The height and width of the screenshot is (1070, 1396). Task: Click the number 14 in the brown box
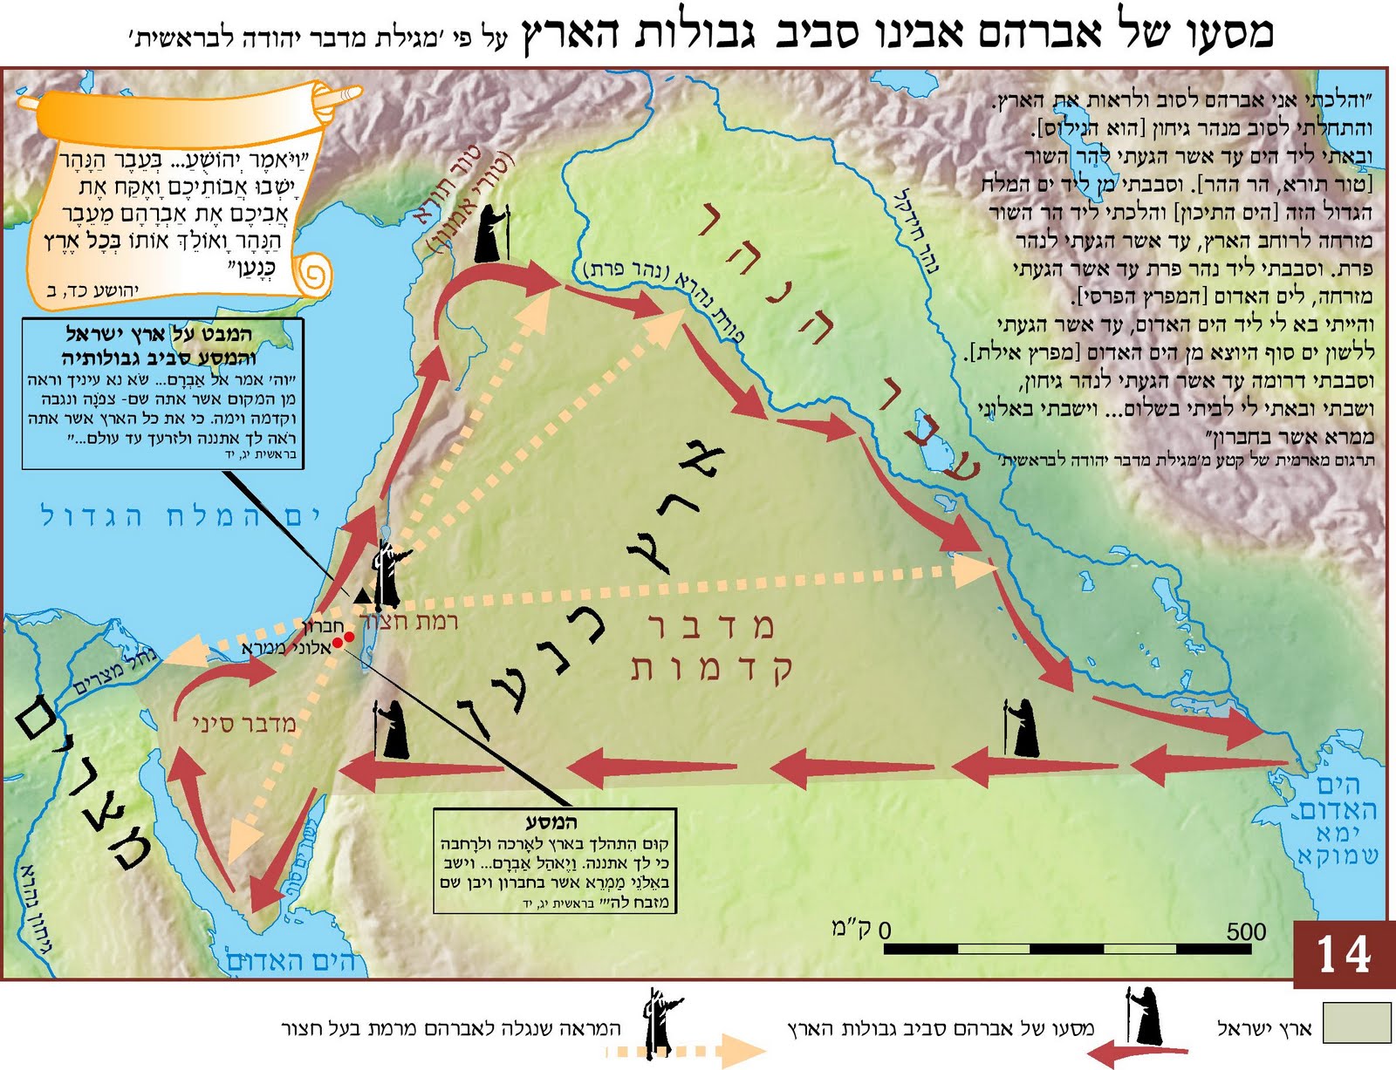tap(1344, 954)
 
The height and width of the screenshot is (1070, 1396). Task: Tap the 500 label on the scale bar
tap(1246, 931)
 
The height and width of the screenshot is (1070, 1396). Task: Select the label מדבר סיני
tap(244, 724)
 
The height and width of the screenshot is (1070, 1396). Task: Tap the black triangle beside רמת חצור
tap(361, 596)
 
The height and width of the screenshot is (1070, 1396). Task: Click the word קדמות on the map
tap(711, 669)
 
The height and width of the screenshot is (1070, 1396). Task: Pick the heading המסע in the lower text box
tap(552, 821)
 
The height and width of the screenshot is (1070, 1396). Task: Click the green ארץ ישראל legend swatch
tap(1356, 1022)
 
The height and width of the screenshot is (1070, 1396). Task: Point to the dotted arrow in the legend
tap(685, 1052)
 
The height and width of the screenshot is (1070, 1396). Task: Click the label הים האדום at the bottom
tap(291, 961)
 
